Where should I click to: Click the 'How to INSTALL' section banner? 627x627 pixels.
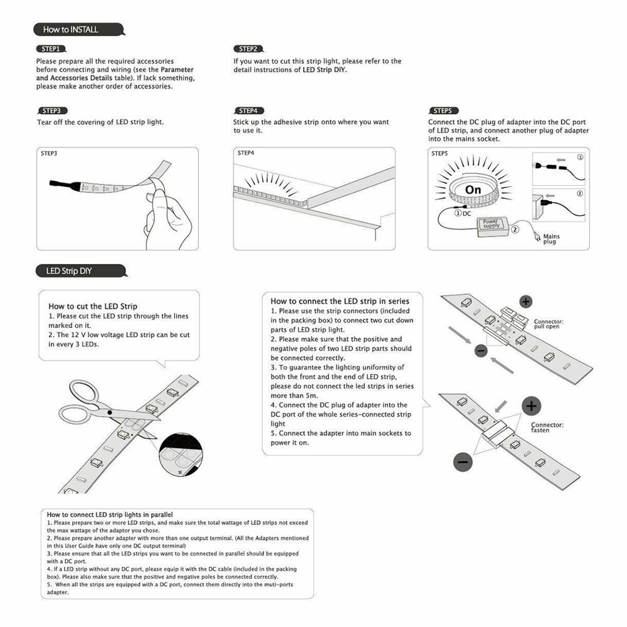tap(71, 29)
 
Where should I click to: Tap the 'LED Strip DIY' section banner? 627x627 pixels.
tap(69, 271)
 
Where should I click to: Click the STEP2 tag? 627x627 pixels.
tap(248, 49)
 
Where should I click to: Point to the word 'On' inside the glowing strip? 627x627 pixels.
tap(473, 189)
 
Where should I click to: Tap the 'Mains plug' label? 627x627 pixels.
tap(551, 239)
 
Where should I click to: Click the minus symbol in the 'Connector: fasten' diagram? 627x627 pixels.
tap(463, 461)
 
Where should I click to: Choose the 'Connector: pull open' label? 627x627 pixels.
tap(549, 324)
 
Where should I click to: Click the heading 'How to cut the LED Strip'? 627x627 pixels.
tap(93, 306)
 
